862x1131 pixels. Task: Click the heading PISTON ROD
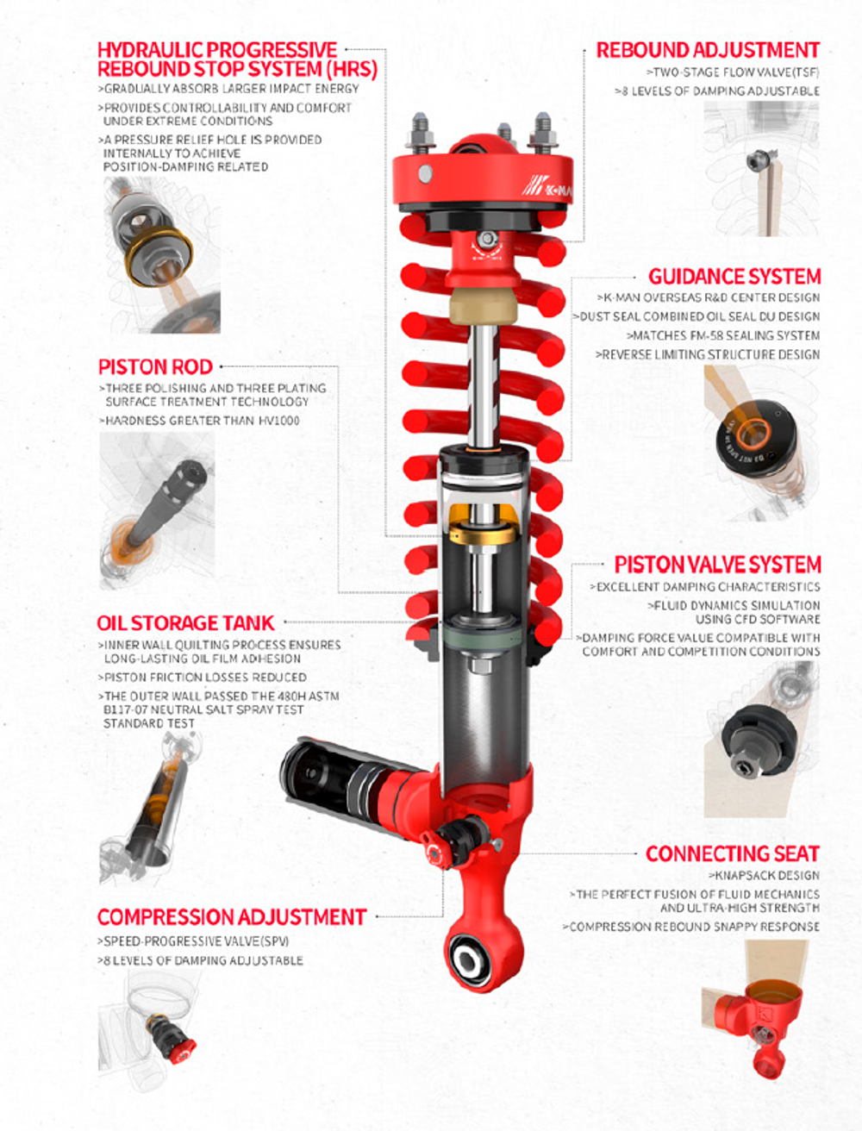155,367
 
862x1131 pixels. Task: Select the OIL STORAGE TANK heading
185,623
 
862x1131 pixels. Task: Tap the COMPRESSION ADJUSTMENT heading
232,916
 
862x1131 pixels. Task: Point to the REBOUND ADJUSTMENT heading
708,51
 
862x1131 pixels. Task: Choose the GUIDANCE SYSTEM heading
734,276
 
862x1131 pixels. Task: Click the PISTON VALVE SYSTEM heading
718,565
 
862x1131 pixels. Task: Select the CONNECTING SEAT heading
733,853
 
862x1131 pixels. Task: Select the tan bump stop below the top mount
482,306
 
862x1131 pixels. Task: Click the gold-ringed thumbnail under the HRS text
162,255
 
